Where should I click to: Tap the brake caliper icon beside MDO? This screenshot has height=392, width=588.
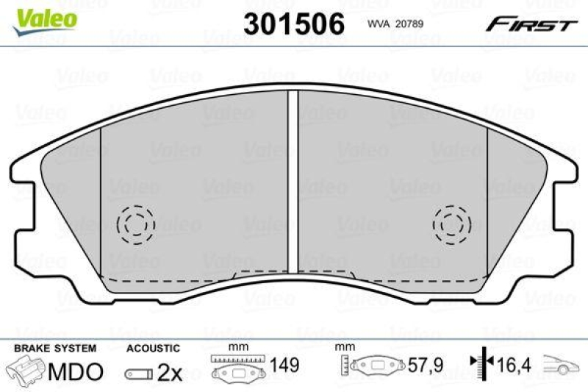tap(26, 371)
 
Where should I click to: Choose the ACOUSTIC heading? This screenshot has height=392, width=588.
tap(153, 348)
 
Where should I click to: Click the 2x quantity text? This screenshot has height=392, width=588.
tap(170, 373)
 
